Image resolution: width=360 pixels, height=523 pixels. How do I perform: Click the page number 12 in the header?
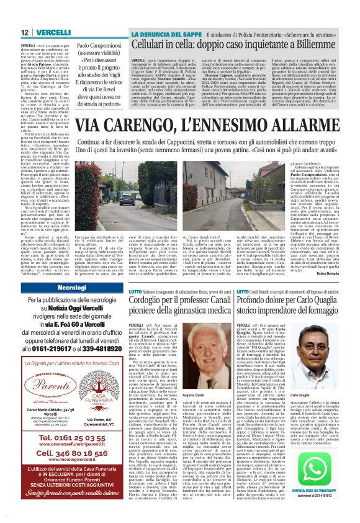pos(24,32)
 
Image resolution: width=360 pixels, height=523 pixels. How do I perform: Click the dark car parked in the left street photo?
pos(89,189)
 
